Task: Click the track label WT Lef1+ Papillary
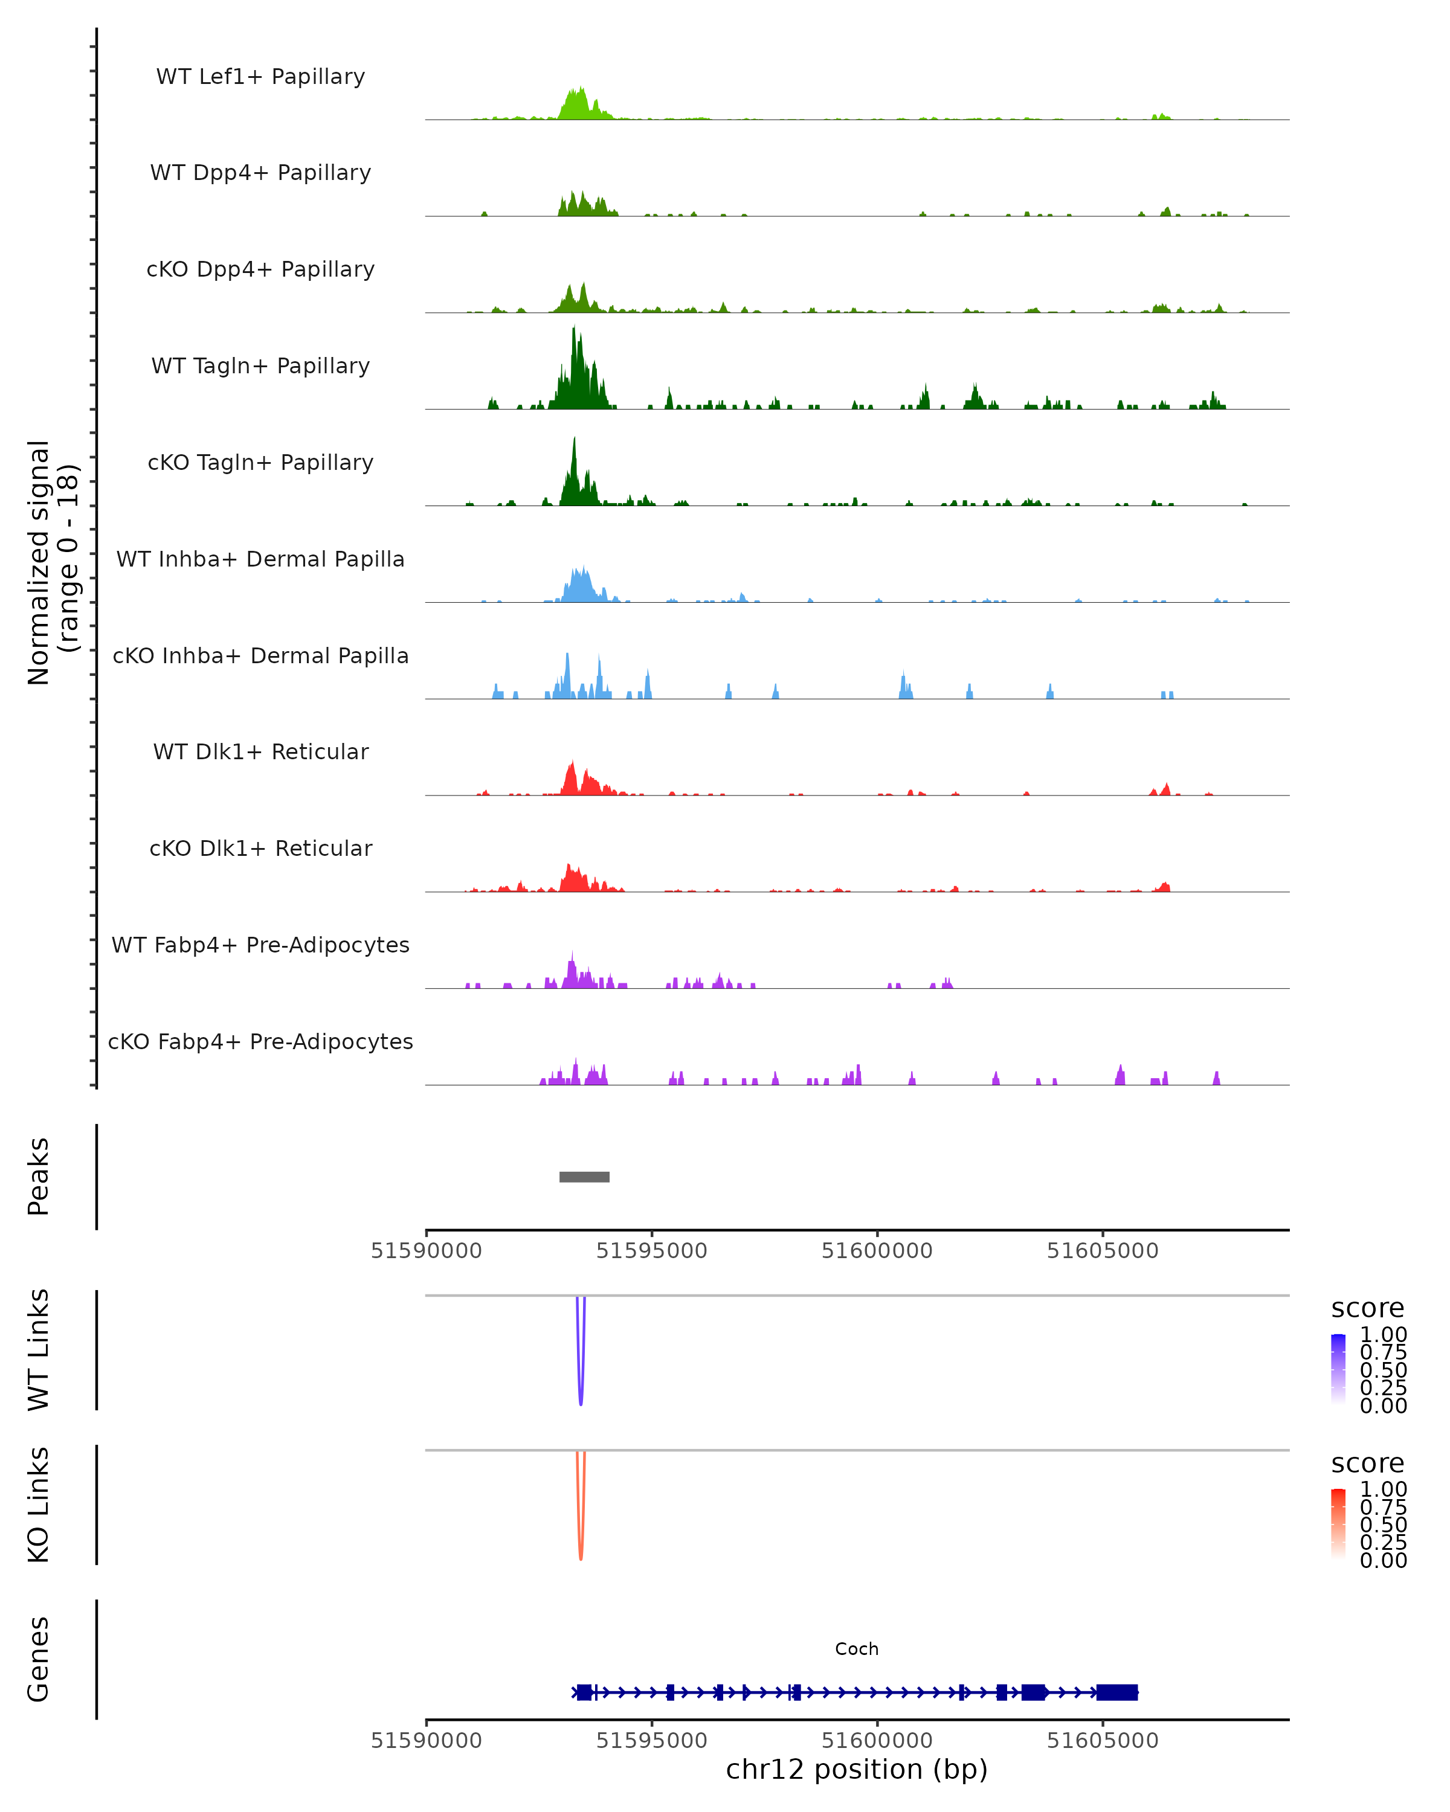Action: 260,77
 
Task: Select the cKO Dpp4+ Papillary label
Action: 260,269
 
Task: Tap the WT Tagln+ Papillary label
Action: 260,365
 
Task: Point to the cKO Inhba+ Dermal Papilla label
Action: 260,655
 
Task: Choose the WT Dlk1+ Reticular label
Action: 260,751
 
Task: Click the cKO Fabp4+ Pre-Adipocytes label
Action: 260,1041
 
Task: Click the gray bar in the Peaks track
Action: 584,1177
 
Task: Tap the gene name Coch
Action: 857,1649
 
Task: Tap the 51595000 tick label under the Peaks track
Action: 651,1251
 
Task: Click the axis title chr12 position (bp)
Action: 857,1770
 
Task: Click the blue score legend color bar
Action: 1338,1369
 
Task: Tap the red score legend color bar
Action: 1338,1524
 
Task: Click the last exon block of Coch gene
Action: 1116,1692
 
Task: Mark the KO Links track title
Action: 39,1505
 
